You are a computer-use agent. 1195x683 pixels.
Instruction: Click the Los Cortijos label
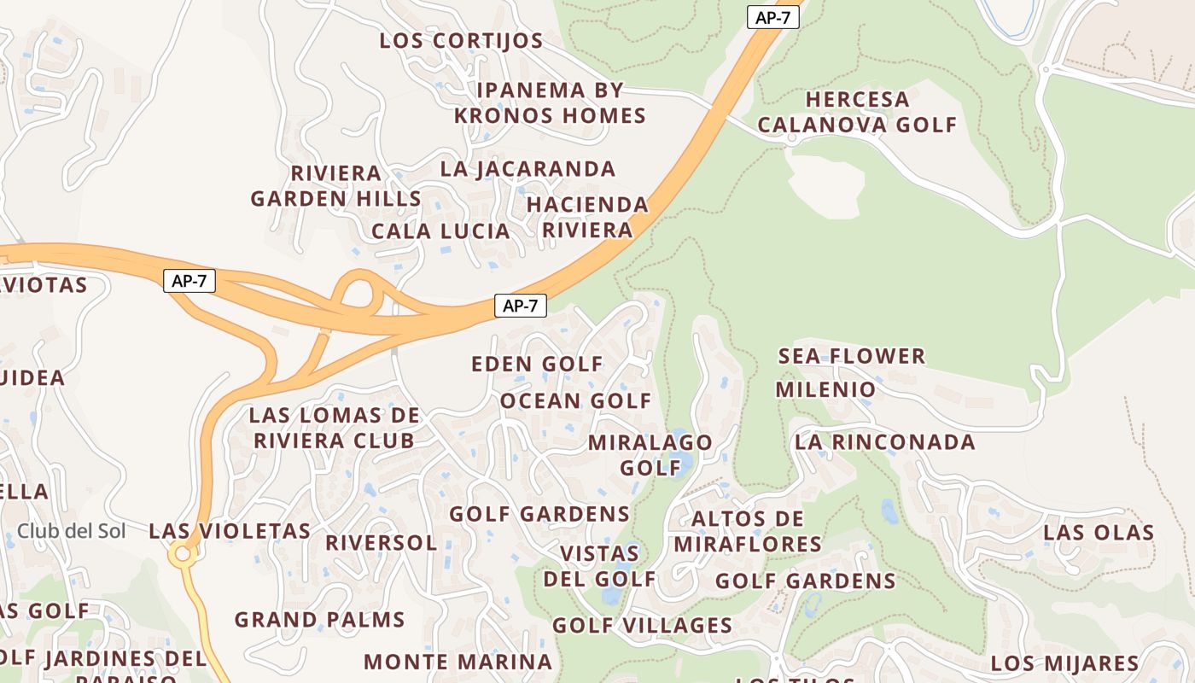point(461,41)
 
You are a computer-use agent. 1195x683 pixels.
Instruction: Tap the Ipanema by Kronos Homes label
point(550,102)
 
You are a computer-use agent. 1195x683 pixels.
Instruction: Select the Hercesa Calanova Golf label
point(857,112)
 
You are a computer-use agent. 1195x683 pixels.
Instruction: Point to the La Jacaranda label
point(528,169)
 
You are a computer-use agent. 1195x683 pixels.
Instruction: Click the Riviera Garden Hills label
point(335,186)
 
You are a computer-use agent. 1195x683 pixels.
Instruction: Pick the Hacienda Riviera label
point(587,217)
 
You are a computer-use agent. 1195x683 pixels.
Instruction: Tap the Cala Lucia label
point(440,231)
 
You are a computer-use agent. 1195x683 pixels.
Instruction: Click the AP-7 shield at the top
point(772,18)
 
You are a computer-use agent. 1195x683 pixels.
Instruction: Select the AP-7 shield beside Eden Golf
point(520,306)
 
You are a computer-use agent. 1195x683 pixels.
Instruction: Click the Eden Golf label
point(538,365)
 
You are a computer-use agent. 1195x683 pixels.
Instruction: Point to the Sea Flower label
point(852,356)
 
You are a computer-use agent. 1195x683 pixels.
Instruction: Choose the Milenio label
point(825,390)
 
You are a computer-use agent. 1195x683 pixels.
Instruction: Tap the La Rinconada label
point(884,442)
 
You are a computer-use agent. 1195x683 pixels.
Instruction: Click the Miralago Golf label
point(650,455)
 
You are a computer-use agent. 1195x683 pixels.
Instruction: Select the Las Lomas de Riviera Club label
point(334,429)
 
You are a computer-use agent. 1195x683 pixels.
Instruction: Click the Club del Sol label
point(72,531)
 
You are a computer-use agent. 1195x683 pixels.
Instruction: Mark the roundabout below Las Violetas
point(182,556)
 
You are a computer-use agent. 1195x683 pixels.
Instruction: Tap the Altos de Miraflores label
point(748,531)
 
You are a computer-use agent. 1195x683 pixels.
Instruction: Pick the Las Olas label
point(1099,533)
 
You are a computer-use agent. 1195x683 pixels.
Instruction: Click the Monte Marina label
point(458,662)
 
